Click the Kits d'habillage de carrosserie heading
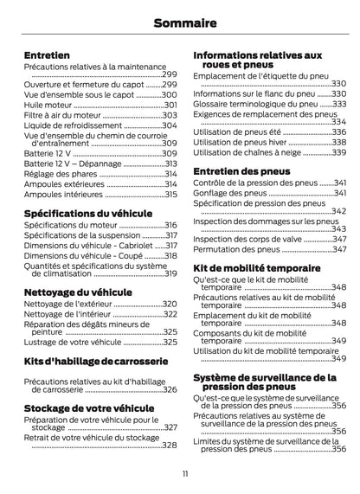[x=94, y=359]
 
